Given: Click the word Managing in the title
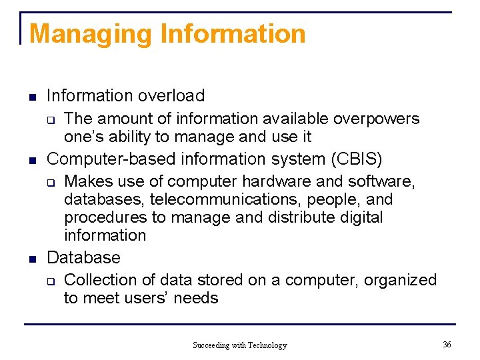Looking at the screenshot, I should [x=73, y=33].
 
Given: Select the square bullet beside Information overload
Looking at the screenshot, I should [x=31, y=97].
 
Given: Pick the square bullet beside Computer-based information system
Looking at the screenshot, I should [x=31, y=160].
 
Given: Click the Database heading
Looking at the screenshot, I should [x=84, y=258].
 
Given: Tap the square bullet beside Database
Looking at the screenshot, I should [x=31, y=259].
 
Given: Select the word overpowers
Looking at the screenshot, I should [x=376, y=119].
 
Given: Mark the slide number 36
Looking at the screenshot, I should [x=447, y=344].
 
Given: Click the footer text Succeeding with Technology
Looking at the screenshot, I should [x=239, y=345].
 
